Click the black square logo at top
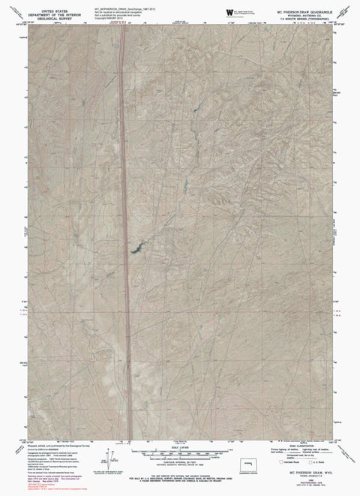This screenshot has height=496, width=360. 229,13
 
